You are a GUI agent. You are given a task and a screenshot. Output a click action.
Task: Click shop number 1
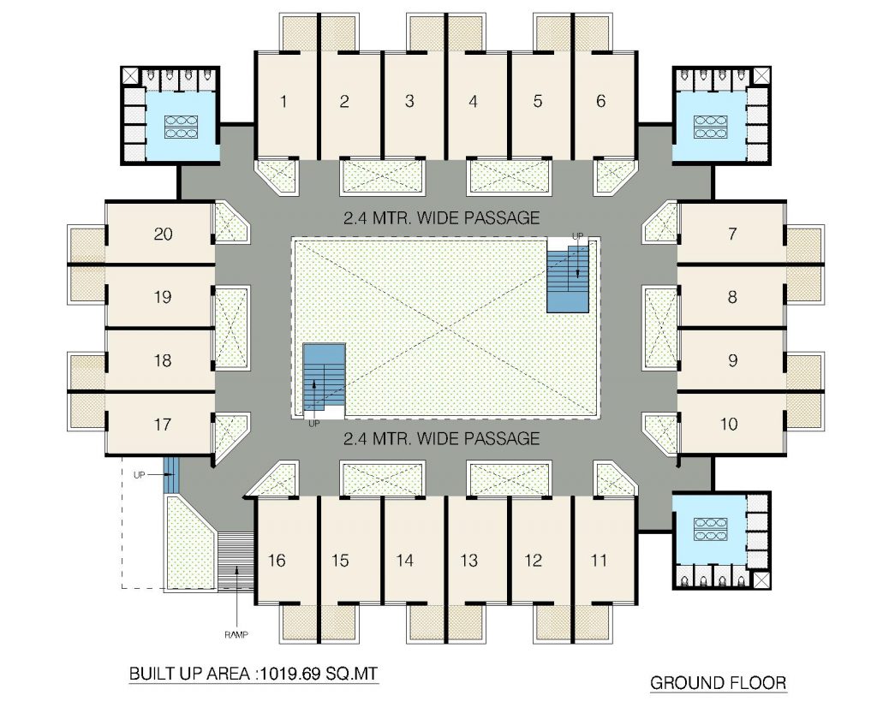click(x=283, y=101)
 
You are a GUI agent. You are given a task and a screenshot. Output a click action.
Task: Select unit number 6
click(x=600, y=101)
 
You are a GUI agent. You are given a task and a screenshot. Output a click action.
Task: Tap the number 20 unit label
click(x=163, y=234)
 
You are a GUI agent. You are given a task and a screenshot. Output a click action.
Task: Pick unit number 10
click(x=729, y=424)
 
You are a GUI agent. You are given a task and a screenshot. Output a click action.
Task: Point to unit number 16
click(x=277, y=560)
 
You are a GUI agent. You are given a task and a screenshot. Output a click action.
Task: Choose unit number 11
click(x=599, y=560)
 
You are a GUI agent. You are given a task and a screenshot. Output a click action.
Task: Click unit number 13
click(x=468, y=560)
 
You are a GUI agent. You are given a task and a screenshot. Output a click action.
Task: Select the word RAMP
click(x=236, y=634)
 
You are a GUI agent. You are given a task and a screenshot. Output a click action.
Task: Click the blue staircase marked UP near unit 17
click(x=170, y=474)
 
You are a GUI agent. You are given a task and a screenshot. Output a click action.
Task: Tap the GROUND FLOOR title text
click(x=719, y=682)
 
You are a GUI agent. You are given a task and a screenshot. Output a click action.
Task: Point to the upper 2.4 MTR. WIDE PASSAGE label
click(x=441, y=217)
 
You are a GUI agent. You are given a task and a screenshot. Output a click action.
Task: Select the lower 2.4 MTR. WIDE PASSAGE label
click(x=441, y=437)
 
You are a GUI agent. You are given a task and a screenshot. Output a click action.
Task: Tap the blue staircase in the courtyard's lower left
click(x=325, y=381)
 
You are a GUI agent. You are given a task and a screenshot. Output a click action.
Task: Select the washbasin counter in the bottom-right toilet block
click(x=710, y=529)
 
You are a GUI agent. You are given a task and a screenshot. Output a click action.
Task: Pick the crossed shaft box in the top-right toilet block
click(x=761, y=76)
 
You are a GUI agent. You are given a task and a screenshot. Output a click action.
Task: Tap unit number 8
click(x=732, y=297)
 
